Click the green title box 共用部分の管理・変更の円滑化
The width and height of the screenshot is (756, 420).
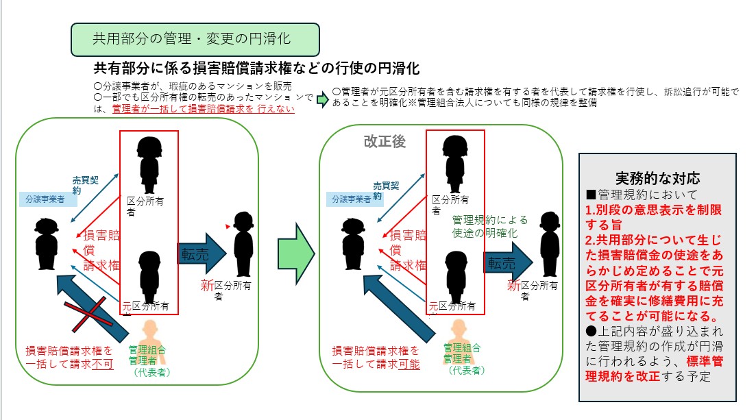click(195, 40)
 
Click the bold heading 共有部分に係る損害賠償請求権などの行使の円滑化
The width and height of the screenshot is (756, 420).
click(256, 69)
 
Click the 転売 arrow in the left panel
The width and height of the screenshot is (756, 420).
click(203, 252)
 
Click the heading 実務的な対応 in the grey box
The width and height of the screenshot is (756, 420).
click(657, 177)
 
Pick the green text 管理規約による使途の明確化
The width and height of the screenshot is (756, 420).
click(489, 226)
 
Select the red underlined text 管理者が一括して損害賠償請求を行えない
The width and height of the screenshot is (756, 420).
click(203, 108)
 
